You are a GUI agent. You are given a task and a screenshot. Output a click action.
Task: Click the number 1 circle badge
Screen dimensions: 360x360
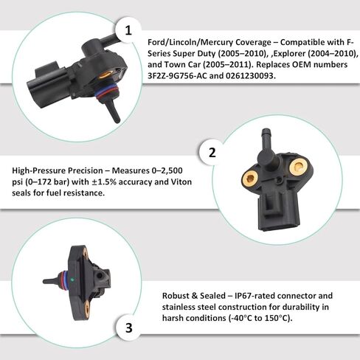[129, 30]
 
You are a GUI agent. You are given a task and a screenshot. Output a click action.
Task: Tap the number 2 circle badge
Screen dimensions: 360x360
[212, 153]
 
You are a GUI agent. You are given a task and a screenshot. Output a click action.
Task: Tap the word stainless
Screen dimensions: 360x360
[181, 305]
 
